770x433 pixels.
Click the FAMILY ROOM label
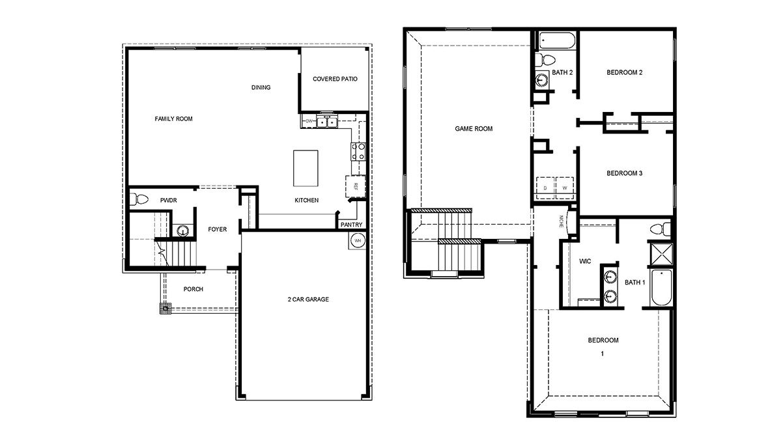(173, 119)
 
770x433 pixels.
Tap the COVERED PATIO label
(335, 79)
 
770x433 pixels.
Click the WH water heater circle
(357, 240)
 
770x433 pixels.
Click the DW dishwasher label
(309, 121)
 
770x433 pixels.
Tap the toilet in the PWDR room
(135, 200)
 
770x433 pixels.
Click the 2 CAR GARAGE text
(308, 300)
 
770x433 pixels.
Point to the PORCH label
(193, 289)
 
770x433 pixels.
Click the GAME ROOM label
(474, 129)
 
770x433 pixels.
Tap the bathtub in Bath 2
(556, 41)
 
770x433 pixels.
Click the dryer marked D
(545, 186)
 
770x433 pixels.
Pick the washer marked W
(563, 186)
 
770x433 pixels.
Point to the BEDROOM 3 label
(625, 173)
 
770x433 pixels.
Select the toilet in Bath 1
(659, 229)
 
